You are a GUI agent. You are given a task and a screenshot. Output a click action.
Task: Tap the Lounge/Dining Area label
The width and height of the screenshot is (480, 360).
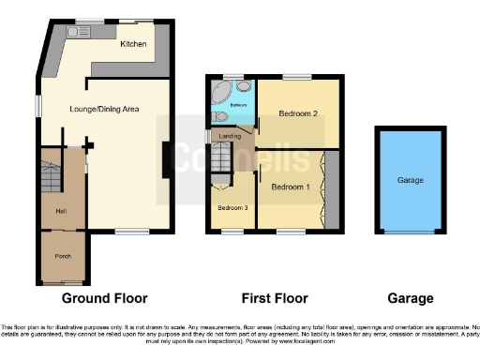(104, 109)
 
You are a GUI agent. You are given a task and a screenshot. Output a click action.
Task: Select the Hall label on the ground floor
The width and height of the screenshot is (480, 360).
(61, 211)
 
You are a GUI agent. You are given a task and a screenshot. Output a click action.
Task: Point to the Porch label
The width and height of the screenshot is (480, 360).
(62, 256)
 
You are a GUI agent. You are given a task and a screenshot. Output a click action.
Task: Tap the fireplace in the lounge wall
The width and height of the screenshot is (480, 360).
(168, 157)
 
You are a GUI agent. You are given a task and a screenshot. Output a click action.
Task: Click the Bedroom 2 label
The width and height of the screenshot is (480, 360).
(298, 114)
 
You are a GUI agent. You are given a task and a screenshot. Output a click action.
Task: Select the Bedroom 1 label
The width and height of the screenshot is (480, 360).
(291, 187)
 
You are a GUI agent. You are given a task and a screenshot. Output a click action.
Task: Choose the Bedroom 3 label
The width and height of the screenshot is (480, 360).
(232, 207)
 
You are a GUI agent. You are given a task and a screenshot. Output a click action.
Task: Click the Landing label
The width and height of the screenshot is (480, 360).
(229, 137)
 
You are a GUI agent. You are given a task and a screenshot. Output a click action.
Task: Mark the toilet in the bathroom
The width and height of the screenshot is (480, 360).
(219, 118)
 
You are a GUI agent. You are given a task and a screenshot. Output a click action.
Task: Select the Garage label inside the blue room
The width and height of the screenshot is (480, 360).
(410, 179)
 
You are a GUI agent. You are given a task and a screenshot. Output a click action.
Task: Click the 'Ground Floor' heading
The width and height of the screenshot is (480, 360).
(104, 299)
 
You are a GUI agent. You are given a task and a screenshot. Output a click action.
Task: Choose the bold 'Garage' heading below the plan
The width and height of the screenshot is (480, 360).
(410, 299)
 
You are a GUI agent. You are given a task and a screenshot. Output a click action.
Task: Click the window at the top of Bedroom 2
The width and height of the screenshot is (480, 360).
(297, 78)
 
